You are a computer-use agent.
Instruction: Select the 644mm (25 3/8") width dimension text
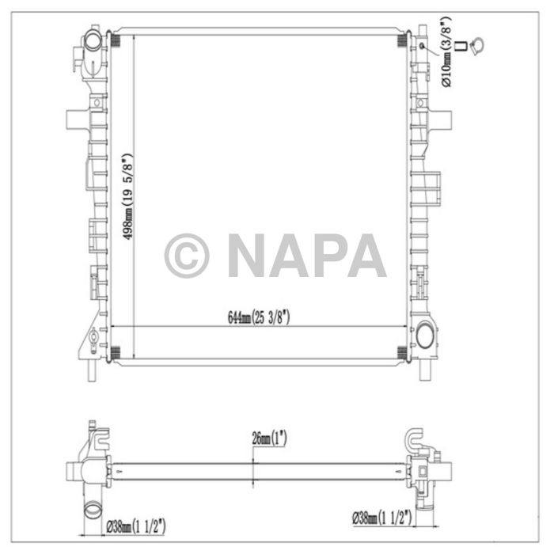tap(260, 317)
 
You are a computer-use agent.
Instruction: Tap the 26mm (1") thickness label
tap(270, 437)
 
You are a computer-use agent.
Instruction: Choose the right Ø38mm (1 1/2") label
tap(383, 519)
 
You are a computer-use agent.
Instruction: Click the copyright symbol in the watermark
tap(186, 256)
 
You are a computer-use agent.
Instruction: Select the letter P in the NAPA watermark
tap(325, 256)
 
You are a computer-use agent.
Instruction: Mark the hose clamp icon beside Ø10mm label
tap(477, 49)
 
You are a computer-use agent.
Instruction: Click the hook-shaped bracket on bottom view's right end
tap(415, 439)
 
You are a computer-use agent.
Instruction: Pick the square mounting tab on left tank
tap(74, 119)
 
